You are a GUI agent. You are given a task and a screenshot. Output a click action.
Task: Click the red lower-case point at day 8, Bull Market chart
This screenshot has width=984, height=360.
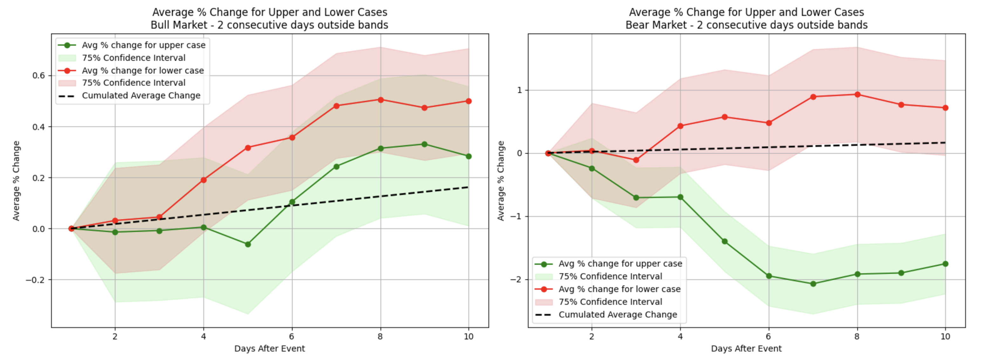point(380,100)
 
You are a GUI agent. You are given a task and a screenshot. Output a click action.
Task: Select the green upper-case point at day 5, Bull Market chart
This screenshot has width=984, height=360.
point(248,244)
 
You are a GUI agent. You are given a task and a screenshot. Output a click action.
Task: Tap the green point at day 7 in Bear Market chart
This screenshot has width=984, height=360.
point(813,284)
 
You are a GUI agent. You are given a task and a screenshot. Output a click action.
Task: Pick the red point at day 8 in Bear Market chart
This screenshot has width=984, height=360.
point(858,94)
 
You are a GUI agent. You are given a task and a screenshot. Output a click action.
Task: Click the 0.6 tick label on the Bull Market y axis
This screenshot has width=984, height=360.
point(38,76)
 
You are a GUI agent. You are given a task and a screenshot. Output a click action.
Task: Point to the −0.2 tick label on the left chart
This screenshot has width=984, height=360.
point(36,280)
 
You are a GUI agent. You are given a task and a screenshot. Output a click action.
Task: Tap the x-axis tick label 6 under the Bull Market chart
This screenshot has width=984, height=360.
point(292,337)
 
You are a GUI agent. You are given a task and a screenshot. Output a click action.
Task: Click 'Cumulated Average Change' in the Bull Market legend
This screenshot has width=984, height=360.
point(141,95)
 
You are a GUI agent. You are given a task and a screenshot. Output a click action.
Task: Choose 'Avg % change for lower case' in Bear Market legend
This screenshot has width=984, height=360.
point(619,289)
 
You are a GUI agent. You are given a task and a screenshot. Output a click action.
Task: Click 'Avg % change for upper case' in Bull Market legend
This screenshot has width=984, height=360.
point(144,45)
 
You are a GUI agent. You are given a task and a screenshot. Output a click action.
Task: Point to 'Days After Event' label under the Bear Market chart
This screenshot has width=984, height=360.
point(746,349)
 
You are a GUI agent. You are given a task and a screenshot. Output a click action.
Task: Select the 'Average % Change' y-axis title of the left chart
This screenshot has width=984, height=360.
point(16,181)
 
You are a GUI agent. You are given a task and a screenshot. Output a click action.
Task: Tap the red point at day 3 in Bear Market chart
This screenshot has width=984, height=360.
point(636,160)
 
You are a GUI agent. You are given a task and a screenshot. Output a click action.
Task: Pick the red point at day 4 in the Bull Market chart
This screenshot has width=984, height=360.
point(204,180)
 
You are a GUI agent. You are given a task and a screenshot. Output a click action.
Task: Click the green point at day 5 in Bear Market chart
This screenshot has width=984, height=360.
point(725,241)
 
